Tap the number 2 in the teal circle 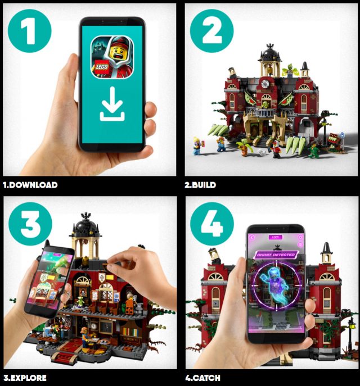tap(211, 31)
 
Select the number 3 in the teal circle tap(30, 224)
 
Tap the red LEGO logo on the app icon tap(101, 67)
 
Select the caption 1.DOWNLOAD tap(30, 185)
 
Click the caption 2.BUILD tap(200, 185)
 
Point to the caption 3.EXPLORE tap(25, 378)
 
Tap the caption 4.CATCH tap(202, 378)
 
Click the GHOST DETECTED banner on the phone tap(276, 255)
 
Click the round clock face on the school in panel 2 tap(265, 84)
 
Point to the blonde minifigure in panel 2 tap(197, 146)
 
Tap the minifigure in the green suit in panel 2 tap(314, 150)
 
